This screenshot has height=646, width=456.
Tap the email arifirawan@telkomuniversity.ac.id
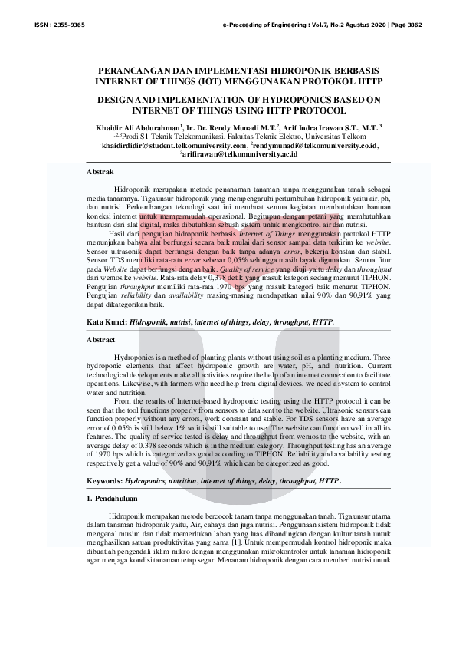[x=239, y=153]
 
